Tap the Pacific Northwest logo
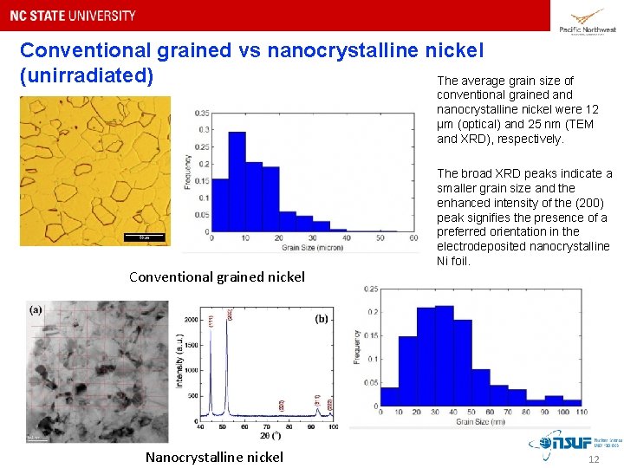click(588, 21)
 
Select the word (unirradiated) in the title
click(87, 75)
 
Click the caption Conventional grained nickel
click(217, 277)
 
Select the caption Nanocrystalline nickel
click(214, 457)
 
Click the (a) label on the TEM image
click(36, 309)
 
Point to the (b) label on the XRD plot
click(321, 319)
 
